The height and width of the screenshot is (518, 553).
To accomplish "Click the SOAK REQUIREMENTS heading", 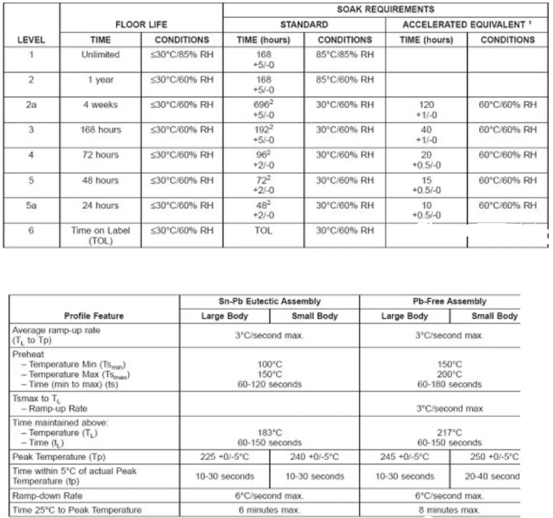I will (x=385, y=9).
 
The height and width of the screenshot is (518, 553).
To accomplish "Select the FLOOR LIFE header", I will (x=141, y=24).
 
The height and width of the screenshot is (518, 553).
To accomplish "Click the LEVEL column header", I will (x=31, y=40).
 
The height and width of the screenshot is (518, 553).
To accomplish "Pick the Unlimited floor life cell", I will (x=100, y=55).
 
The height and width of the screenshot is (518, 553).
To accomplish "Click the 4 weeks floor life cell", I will (x=100, y=105).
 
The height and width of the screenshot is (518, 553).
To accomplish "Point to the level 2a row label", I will (x=31, y=105).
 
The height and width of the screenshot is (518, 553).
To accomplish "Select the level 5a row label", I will (x=31, y=205).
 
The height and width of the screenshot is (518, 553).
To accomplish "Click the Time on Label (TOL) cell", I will (x=100, y=235).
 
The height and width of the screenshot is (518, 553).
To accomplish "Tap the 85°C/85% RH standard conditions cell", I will (x=344, y=55).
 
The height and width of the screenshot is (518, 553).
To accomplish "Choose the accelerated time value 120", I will (x=426, y=105).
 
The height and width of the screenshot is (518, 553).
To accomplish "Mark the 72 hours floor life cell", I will (x=100, y=155).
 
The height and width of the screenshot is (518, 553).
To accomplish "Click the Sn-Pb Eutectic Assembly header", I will (x=269, y=301).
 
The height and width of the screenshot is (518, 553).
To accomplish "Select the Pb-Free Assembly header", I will (x=449, y=301).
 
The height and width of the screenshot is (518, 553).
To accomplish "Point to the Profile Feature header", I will (x=94, y=316).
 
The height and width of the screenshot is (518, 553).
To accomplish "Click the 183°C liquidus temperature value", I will (x=270, y=433).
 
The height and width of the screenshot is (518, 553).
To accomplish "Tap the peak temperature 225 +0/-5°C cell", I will (x=224, y=457).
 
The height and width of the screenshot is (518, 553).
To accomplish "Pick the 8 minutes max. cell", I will (x=449, y=510).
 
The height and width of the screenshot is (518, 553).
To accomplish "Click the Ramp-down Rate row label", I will (x=47, y=496).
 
